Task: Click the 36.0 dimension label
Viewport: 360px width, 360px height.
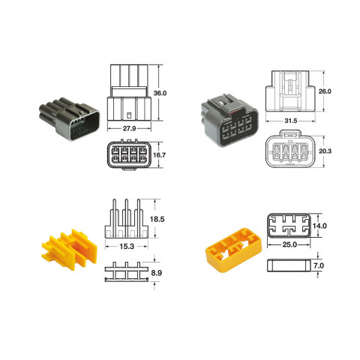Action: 160,93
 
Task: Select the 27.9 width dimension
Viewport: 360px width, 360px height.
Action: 129,128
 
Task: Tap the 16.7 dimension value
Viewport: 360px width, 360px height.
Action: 159,155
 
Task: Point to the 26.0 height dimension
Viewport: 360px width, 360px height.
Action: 325,91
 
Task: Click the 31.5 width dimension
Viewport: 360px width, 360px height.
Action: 291,121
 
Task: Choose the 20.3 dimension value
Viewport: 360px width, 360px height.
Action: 325,151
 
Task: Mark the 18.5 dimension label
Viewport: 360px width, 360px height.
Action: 157,219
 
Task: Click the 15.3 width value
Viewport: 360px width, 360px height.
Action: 127,247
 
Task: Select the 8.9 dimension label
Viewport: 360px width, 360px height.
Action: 157,273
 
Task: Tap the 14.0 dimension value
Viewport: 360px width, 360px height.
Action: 319,226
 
